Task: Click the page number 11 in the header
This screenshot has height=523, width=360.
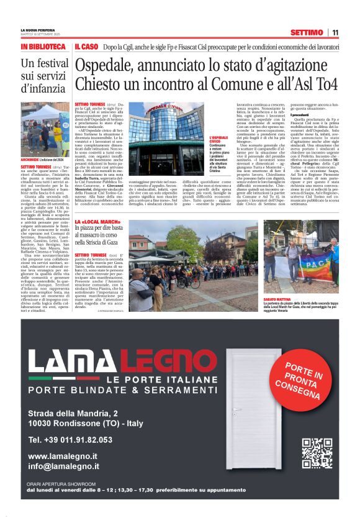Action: (x=335, y=33)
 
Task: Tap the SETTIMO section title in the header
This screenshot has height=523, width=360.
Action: (x=305, y=33)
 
